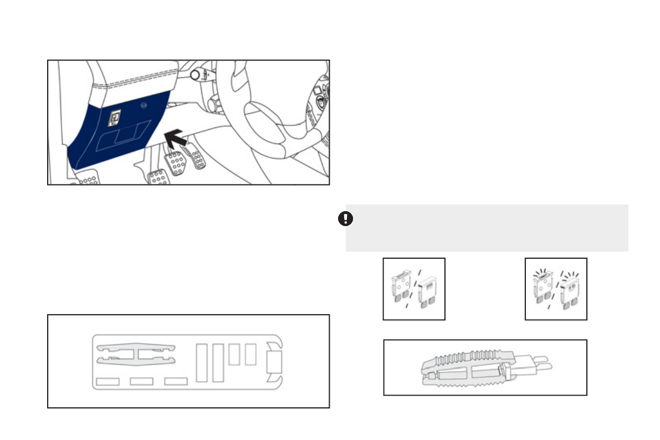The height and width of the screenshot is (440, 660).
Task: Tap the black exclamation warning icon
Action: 345,219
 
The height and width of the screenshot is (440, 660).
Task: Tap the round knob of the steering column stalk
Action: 196,74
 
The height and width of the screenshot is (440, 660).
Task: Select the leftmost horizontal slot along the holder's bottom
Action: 108,381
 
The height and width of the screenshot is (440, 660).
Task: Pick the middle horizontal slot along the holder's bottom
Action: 141,381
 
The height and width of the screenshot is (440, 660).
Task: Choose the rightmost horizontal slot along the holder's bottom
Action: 176,381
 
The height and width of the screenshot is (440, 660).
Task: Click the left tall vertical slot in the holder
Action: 202,362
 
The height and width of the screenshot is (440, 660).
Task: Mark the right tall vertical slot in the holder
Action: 218,362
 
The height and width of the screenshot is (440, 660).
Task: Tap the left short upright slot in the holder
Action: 234,354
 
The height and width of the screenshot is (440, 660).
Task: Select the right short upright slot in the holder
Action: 250,354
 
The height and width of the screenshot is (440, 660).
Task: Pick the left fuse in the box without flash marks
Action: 401,289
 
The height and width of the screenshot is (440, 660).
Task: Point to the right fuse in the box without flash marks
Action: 427,292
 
